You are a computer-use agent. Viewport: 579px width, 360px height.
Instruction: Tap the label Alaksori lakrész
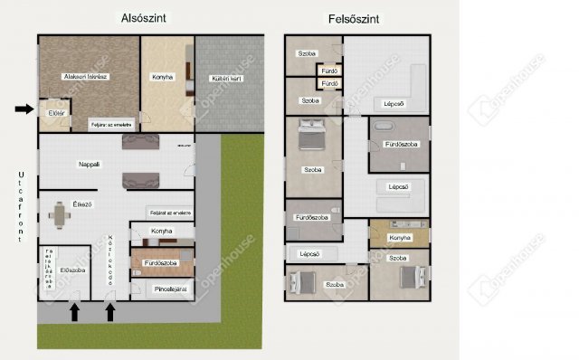86,77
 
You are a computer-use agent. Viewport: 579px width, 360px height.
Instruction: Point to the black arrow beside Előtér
24,109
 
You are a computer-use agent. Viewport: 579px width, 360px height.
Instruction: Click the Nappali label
89,164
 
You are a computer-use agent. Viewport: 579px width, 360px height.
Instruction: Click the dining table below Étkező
60,216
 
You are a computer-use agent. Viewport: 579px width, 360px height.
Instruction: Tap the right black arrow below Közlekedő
110,312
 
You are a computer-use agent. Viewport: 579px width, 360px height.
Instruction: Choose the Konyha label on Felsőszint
400,238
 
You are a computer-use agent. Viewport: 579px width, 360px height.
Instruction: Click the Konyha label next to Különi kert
163,77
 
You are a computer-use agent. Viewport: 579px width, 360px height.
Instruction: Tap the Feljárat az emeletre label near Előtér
112,124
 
